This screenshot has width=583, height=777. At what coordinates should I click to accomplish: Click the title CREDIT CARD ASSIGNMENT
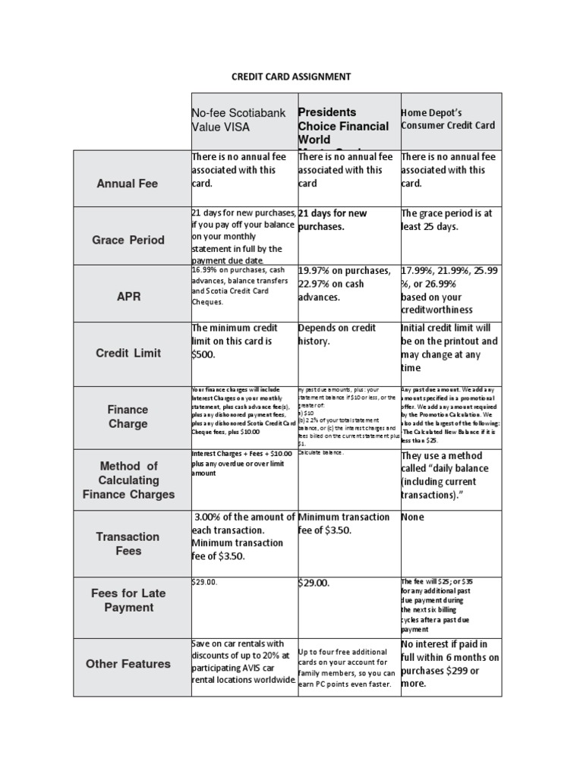[291, 77]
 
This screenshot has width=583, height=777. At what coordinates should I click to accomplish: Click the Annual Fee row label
[128, 184]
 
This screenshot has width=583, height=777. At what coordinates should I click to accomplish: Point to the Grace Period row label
[128, 240]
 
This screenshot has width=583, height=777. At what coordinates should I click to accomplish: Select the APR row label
[128, 297]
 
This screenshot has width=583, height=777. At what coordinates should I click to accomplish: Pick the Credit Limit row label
[128, 354]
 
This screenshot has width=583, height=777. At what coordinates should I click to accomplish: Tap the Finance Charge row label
[128, 417]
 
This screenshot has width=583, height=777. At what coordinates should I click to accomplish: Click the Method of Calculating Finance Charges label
[128, 480]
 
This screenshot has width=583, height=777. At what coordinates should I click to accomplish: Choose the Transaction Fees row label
[128, 543]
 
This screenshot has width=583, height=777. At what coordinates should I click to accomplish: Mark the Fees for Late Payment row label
[128, 600]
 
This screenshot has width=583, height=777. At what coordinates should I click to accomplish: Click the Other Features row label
[128, 664]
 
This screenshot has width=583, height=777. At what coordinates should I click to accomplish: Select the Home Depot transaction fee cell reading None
[413, 517]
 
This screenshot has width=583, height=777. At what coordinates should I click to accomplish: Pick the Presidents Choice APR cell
[345, 284]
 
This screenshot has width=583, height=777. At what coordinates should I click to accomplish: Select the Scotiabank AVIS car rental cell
[242, 662]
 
